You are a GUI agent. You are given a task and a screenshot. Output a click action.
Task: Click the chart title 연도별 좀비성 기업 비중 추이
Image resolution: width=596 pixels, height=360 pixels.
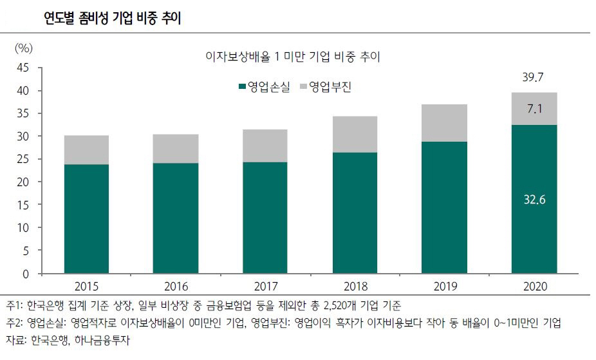coord(112,18)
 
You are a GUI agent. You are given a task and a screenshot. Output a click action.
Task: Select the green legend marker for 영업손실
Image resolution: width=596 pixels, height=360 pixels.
coord(242,86)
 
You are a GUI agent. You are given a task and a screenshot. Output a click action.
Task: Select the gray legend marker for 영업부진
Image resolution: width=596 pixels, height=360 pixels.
coord(304,86)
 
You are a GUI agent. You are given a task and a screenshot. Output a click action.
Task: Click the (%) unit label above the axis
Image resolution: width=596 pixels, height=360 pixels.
coord(23,48)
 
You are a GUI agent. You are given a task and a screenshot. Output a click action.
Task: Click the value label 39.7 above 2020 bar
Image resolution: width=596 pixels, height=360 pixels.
coord(534,77)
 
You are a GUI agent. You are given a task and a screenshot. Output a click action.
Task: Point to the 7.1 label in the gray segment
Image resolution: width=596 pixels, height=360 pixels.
coord(534,109)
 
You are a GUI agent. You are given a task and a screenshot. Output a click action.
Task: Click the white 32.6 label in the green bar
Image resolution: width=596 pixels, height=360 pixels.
coord(534,200)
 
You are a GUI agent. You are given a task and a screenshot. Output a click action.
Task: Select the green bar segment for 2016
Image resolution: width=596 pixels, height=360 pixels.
coord(176,218)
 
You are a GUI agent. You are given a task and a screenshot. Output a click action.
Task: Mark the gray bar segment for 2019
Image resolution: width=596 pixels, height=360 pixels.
coord(445,123)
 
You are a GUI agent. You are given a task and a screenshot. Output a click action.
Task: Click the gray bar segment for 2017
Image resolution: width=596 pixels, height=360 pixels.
coord(265,146)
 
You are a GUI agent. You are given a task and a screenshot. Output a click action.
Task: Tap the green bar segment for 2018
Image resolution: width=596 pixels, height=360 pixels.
coord(355,213)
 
